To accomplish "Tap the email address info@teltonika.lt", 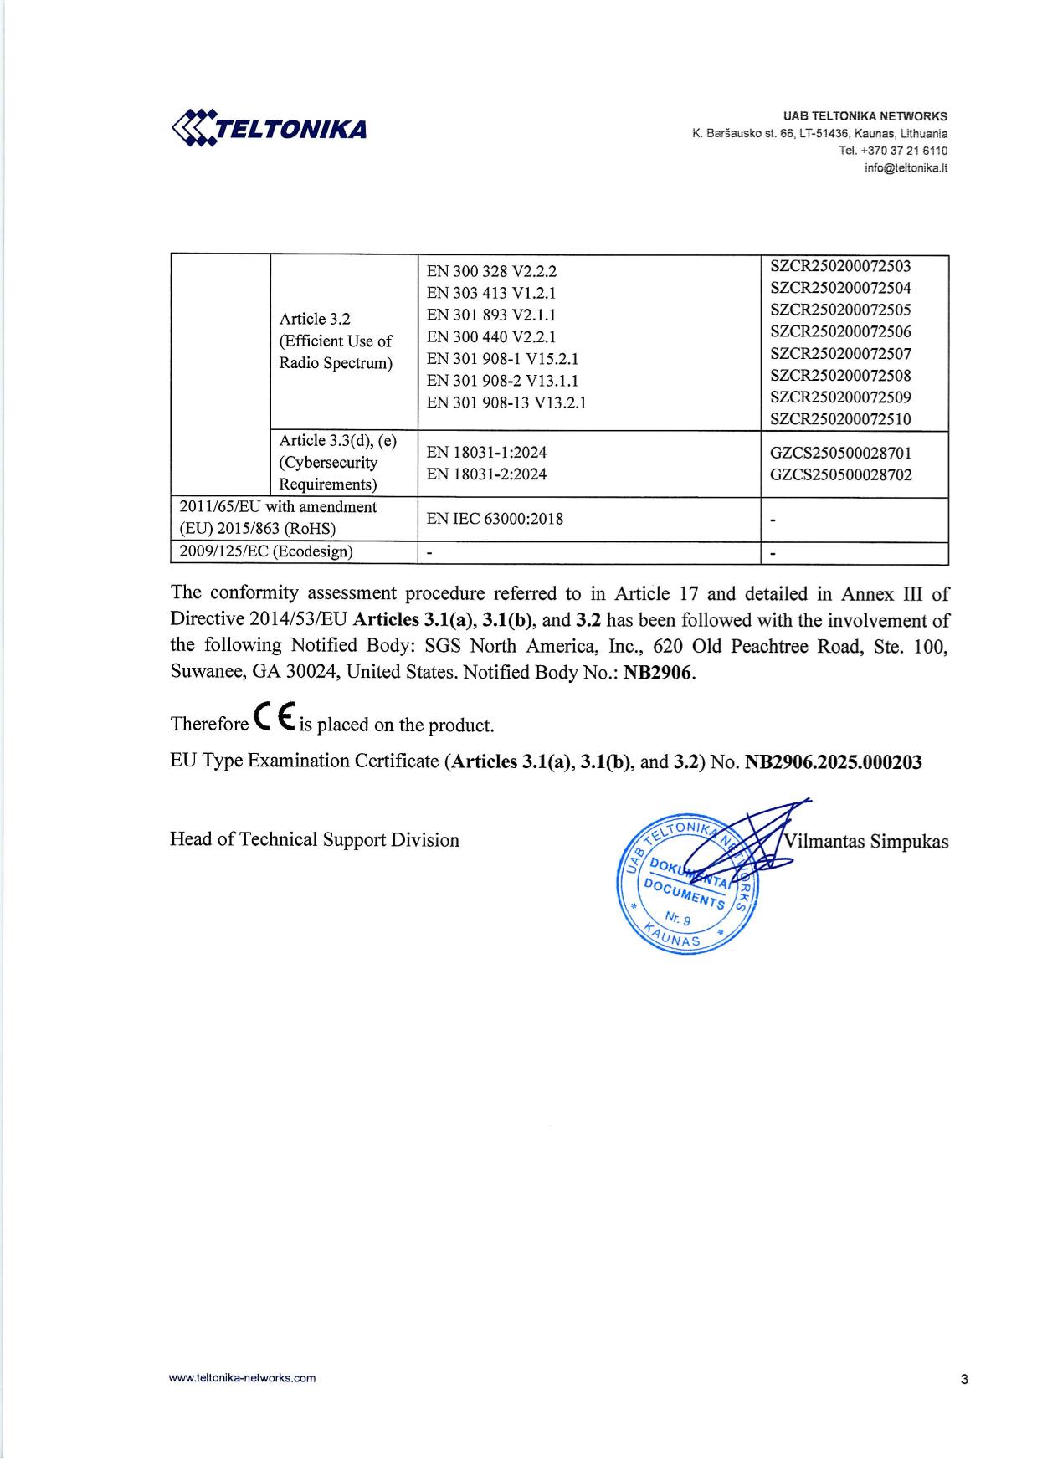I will tap(906, 167).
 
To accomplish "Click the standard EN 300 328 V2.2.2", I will tap(491, 271).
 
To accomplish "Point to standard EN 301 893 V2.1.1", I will tap(491, 315).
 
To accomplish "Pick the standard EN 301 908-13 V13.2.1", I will tap(506, 402).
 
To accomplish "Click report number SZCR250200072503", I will tap(840, 266).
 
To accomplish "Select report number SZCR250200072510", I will tap(840, 418).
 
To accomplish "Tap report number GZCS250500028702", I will tap(840, 475).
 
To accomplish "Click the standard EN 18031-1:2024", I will tap(486, 453).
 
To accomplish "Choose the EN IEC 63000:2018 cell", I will tap(495, 519).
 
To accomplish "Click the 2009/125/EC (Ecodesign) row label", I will tap(266, 551).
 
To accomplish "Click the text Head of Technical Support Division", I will tap(315, 840).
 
